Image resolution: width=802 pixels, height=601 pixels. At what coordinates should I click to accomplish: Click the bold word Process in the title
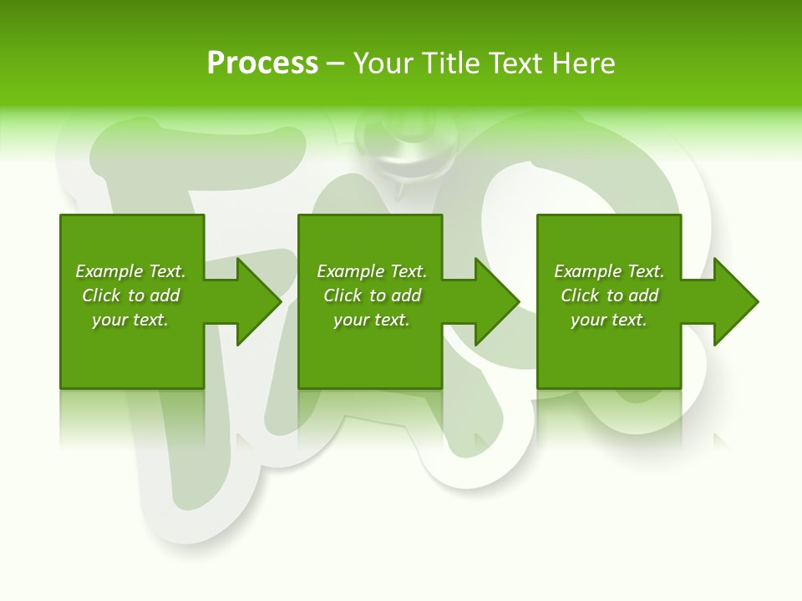(x=262, y=63)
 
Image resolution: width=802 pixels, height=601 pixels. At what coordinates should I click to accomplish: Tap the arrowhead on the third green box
(x=734, y=301)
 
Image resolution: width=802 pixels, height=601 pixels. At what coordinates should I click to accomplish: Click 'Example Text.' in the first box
(x=130, y=271)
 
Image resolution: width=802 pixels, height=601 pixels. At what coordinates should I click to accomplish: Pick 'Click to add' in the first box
(x=131, y=295)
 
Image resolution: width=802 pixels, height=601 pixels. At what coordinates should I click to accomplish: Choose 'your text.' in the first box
(x=130, y=320)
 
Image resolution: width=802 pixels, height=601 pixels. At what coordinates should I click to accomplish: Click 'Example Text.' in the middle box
(x=372, y=271)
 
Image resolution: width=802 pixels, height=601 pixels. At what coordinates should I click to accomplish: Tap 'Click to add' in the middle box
(x=373, y=295)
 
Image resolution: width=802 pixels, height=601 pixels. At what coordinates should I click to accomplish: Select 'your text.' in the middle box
(x=372, y=320)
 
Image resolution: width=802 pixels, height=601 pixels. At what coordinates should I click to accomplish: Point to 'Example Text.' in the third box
(x=609, y=271)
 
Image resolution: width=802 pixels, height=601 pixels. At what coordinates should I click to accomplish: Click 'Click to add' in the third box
(x=610, y=295)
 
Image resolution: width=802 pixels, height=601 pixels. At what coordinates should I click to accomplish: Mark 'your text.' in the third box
(x=609, y=320)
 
